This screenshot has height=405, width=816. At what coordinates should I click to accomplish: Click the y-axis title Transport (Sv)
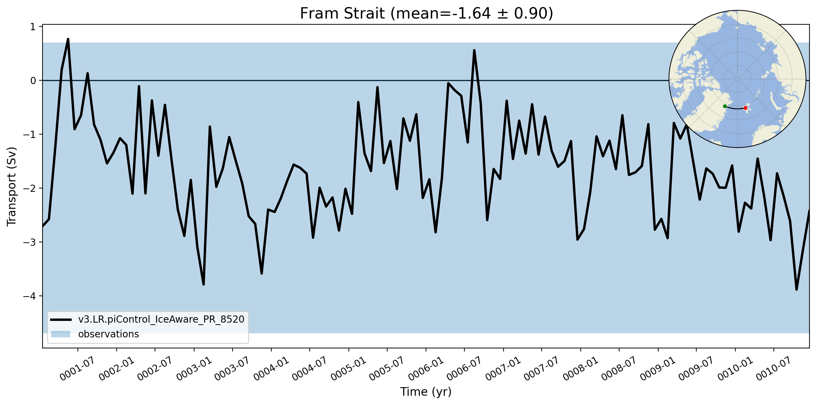[12, 187]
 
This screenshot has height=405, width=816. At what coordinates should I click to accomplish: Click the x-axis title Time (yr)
[426, 392]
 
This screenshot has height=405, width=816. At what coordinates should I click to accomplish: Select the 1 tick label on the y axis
[33, 27]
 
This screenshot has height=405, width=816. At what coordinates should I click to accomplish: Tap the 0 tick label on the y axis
[33, 81]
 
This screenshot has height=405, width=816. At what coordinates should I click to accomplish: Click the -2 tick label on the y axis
[30, 188]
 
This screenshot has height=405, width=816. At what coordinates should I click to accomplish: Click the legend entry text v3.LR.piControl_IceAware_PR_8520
[161, 320]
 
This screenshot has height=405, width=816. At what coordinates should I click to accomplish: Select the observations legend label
[108, 334]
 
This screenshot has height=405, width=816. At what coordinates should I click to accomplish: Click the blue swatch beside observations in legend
[61, 334]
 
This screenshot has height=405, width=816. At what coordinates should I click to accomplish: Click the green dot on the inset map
[725, 106]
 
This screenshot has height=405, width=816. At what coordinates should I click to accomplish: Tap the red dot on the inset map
[745, 108]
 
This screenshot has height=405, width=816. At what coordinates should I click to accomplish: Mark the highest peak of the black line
[68, 39]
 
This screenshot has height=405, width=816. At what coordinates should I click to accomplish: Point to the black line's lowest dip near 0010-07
[796, 289]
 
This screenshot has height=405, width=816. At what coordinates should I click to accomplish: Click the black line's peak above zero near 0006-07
[474, 50]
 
